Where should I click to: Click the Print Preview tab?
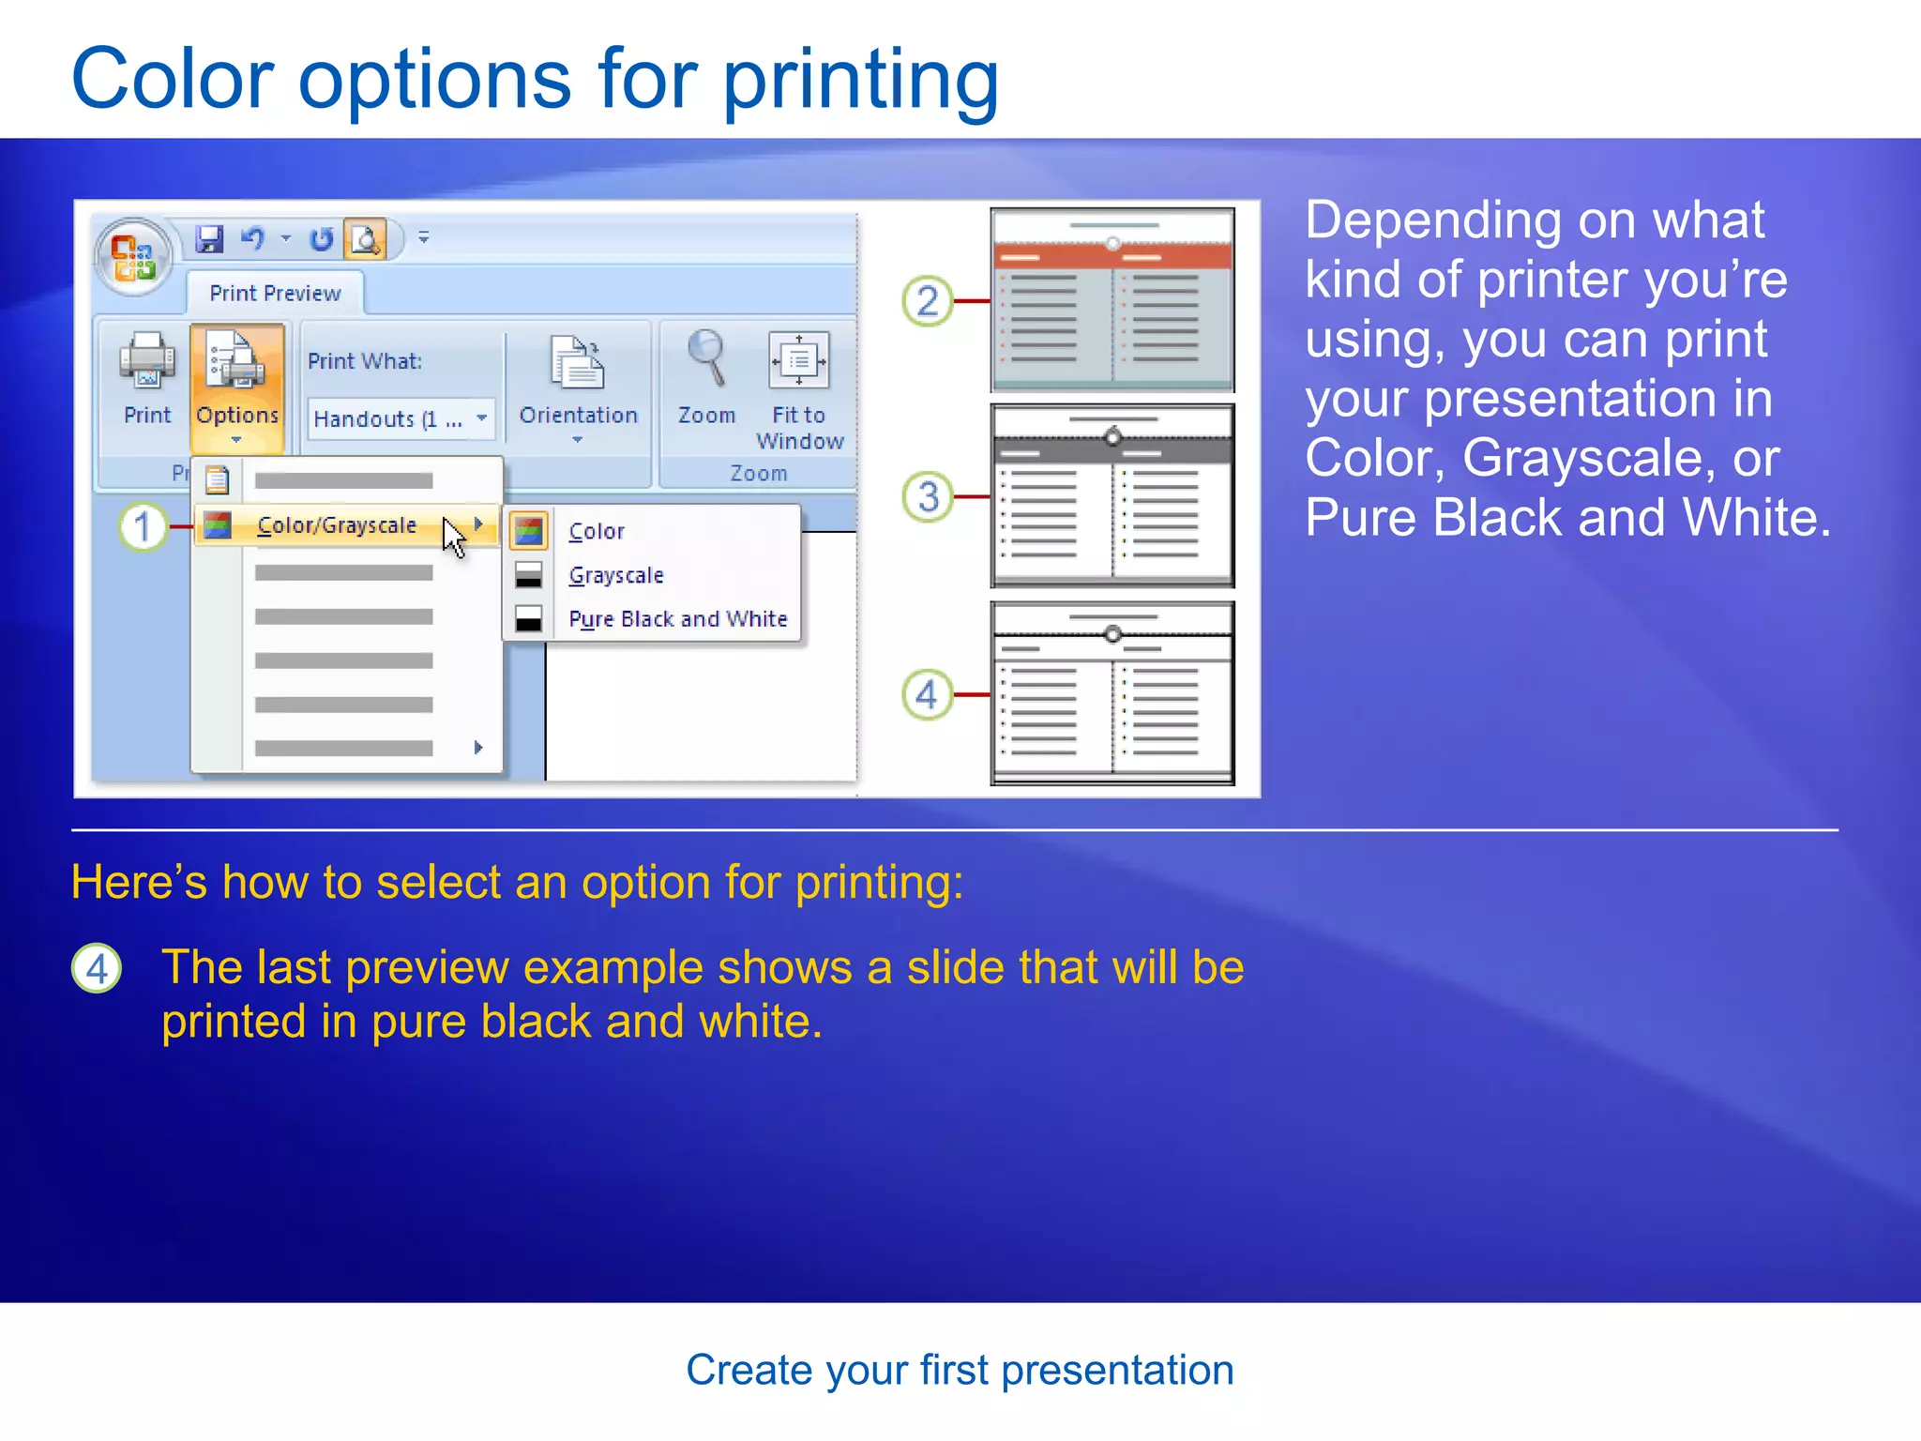click(275, 294)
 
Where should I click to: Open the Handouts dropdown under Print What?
click(401, 418)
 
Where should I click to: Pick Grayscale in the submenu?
click(615, 575)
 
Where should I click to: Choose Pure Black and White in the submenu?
click(677, 619)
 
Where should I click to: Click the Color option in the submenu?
click(597, 531)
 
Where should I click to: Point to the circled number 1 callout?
click(143, 526)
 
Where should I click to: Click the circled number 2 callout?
click(927, 301)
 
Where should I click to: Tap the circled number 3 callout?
click(927, 496)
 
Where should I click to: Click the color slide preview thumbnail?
click(1112, 299)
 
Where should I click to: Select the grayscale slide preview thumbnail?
click(1112, 495)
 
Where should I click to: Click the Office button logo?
click(133, 256)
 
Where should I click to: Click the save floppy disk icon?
click(209, 239)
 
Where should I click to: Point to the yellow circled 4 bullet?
click(97, 968)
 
